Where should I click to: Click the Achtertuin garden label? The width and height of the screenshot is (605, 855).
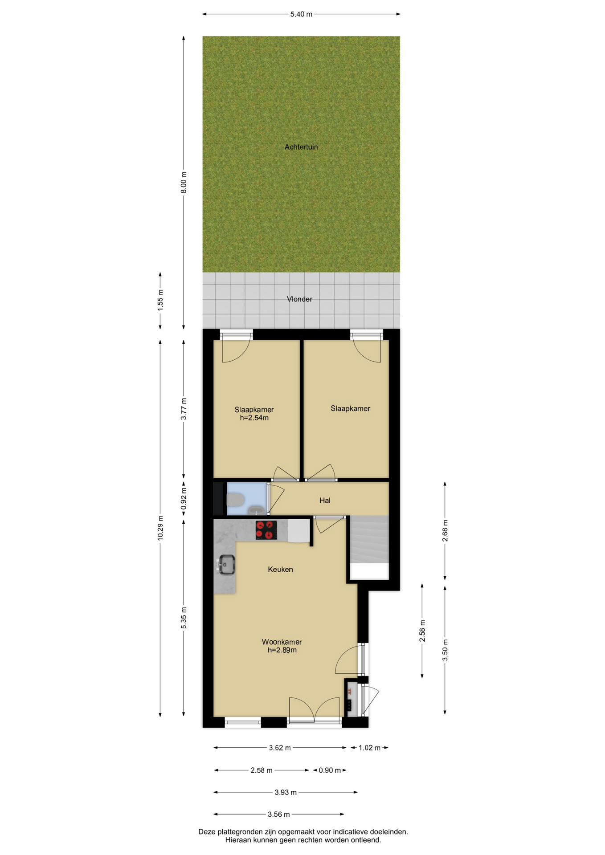click(301, 147)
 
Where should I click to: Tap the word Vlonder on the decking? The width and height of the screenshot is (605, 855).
click(299, 299)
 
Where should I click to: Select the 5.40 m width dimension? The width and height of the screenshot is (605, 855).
click(301, 14)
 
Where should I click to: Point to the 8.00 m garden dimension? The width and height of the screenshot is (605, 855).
click(184, 182)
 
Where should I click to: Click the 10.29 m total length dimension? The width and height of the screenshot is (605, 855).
click(160, 528)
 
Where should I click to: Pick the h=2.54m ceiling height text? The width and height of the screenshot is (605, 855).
click(254, 418)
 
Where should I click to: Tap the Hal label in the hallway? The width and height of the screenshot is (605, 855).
click(325, 501)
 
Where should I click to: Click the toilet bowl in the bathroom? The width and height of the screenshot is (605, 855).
click(235, 500)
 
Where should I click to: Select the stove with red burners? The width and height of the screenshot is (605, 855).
click(266, 530)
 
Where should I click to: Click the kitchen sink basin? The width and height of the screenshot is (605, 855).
click(226, 565)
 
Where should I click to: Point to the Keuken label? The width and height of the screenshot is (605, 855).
click(280, 569)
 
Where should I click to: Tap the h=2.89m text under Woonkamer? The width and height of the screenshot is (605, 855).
click(282, 650)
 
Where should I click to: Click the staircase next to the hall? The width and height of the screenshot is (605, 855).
click(369, 547)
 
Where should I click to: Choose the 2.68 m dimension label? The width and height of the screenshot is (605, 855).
click(445, 531)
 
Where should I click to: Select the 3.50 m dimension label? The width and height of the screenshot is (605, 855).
click(445, 650)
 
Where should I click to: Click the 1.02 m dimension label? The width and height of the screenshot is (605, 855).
click(369, 748)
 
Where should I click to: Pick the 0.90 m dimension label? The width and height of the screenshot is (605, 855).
click(330, 770)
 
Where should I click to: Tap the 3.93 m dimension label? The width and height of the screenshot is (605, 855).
click(286, 792)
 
